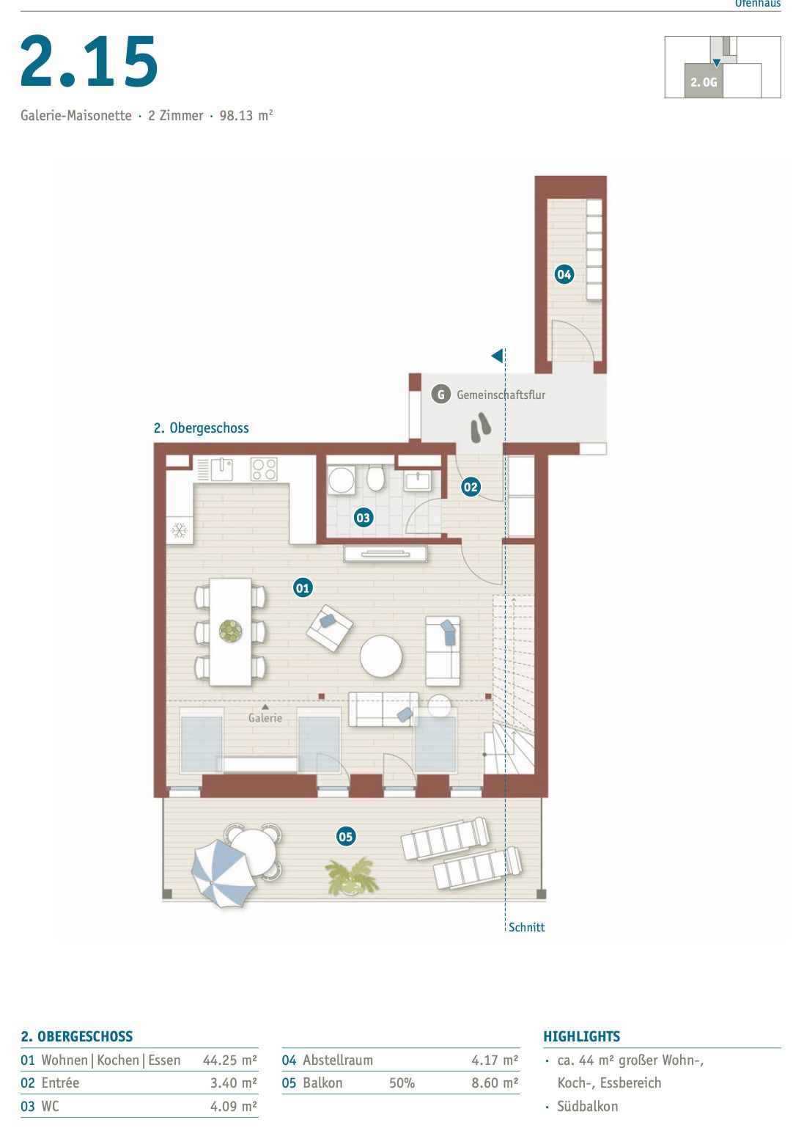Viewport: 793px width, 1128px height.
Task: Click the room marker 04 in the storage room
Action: pyautogui.click(x=564, y=274)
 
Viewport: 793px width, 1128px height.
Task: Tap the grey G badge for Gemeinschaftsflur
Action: pyautogui.click(x=440, y=395)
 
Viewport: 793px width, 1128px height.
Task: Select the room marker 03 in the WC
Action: pyautogui.click(x=363, y=518)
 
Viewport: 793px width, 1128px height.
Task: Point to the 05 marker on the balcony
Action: pyautogui.click(x=345, y=836)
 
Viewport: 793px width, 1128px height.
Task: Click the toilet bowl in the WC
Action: pyautogui.click(x=376, y=480)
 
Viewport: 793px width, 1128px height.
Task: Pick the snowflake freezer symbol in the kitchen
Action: pyautogui.click(x=180, y=530)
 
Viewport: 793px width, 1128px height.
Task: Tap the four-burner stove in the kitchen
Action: pyautogui.click(x=264, y=469)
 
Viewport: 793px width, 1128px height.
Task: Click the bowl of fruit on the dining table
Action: pyautogui.click(x=230, y=631)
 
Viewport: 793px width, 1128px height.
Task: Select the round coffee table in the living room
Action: pyautogui.click(x=381, y=656)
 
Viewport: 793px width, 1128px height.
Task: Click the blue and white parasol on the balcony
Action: pyautogui.click(x=221, y=873)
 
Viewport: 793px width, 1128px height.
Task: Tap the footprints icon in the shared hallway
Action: pyautogui.click(x=481, y=428)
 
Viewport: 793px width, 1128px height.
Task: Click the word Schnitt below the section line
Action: pyautogui.click(x=526, y=927)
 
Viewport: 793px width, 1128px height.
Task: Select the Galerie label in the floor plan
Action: pyautogui.click(x=265, y=718)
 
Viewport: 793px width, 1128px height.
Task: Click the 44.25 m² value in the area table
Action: pyautogui.click(x=229, y=1060)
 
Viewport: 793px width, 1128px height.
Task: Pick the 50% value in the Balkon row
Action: pyautogui.click(x=402, y=1083)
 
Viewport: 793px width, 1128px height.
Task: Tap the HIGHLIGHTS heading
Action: pyautogui.click(x=581, y=1036)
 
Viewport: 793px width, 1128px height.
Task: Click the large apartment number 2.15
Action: pyautogui.click(x=89, y=62)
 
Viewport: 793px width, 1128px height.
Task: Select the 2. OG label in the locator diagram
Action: pyautogui.click(x=704, y=82)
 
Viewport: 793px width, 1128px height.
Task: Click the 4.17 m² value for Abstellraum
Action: pyautogui.click(x=495, y=1060)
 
